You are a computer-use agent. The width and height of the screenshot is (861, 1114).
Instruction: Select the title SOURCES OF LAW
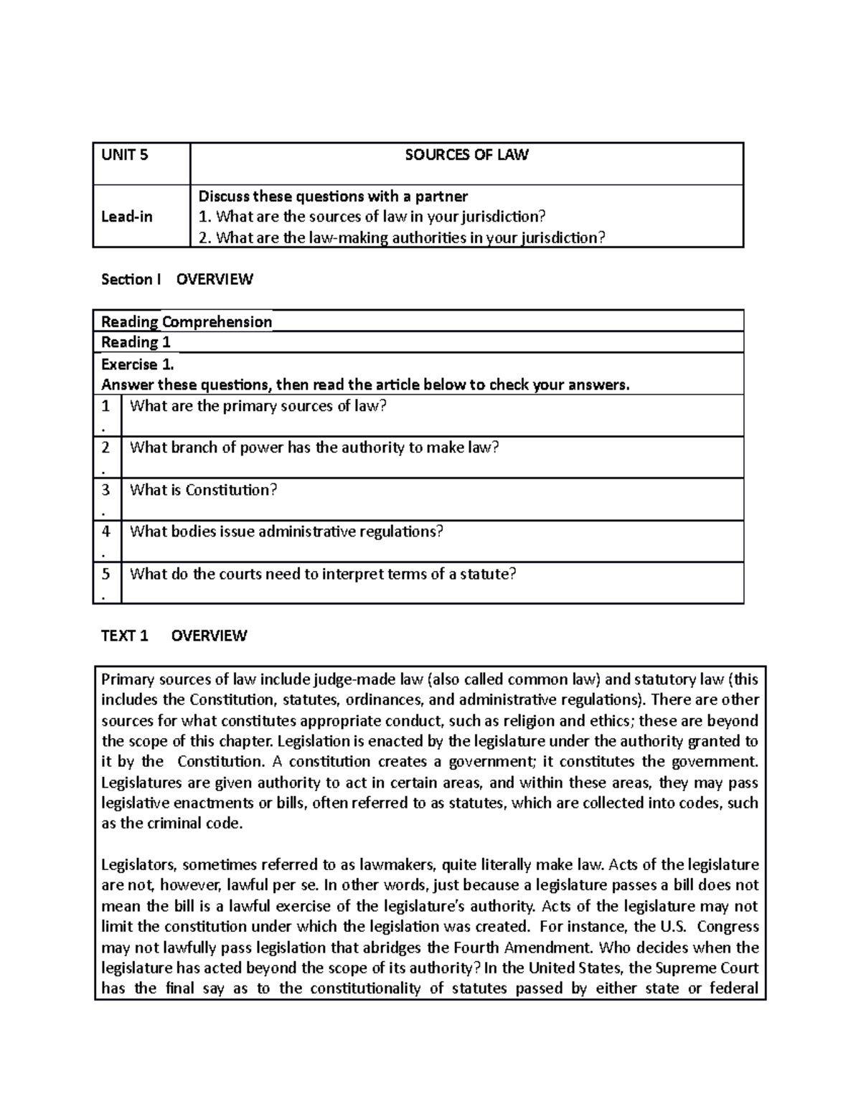point(466,155)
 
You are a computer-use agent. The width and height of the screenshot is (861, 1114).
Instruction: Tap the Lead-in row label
point(127,217)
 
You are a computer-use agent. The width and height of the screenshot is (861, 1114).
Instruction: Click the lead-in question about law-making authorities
point(402,237)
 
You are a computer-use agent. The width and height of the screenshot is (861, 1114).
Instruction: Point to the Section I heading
point(177,279)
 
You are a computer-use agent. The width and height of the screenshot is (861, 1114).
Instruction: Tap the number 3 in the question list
point(106,490)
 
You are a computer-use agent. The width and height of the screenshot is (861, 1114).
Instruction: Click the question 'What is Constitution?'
point(203,490)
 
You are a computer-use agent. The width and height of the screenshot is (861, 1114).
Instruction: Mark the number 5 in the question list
point(106,573)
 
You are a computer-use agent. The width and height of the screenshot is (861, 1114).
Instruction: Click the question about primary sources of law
point(258,406)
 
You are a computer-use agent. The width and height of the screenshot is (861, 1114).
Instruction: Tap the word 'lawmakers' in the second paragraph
point(396,864)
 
